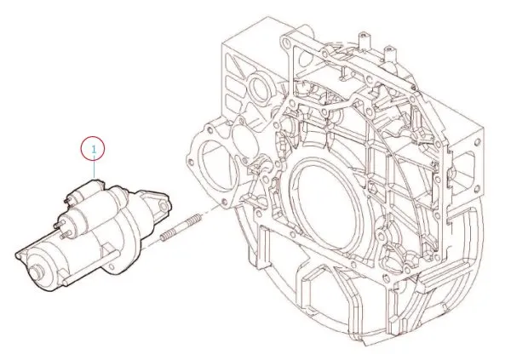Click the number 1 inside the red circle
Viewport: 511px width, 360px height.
point(94,150)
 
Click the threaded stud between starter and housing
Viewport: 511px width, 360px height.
point(181,228)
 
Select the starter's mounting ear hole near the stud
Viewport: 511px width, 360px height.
point(163,205)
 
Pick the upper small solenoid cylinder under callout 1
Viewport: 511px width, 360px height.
point(85,192)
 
